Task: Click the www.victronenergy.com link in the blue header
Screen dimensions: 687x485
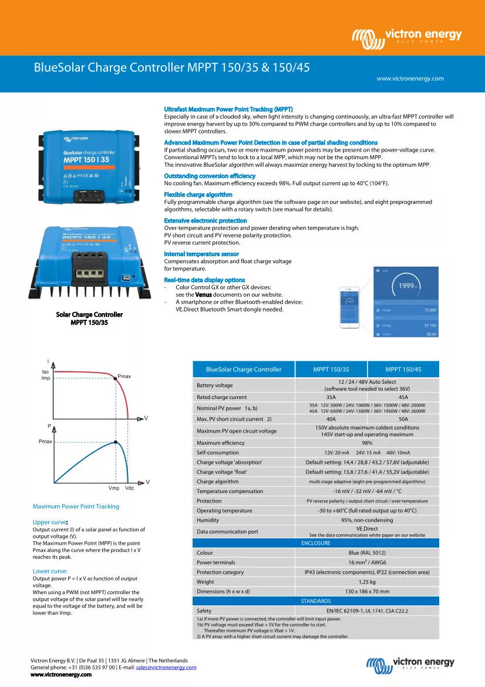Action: click(x=410, y=78)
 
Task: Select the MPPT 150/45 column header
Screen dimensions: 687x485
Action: click(x=403, y=370)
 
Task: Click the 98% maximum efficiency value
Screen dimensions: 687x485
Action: click(x=367, y=443)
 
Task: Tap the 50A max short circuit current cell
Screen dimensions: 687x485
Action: click(x=403, y=419)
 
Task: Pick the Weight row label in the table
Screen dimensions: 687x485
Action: click(x=206, y=582)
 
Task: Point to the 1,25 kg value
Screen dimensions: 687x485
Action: click(x=367, y=582)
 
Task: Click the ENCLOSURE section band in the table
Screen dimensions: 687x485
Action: click(x=315, y=543)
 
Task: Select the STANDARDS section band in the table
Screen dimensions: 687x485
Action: click(x=315, y=601)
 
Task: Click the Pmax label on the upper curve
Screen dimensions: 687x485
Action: click(x=124, y=376)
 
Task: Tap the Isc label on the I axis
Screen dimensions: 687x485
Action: click(x=46, y=371)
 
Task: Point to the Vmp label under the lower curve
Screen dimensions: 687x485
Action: click(x=114, y=488)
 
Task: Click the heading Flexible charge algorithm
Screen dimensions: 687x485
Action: click(x=198, y=195)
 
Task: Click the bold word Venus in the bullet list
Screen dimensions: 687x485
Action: click(x=203, y=294)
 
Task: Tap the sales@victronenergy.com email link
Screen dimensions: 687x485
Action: click(x=166, y=668)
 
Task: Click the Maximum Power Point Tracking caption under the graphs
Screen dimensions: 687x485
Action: click(x=76, y=507)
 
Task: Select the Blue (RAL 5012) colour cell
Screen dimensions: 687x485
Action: click(x=367, y=553)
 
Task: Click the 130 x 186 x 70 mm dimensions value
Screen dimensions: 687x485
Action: click(x=367, y=592)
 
